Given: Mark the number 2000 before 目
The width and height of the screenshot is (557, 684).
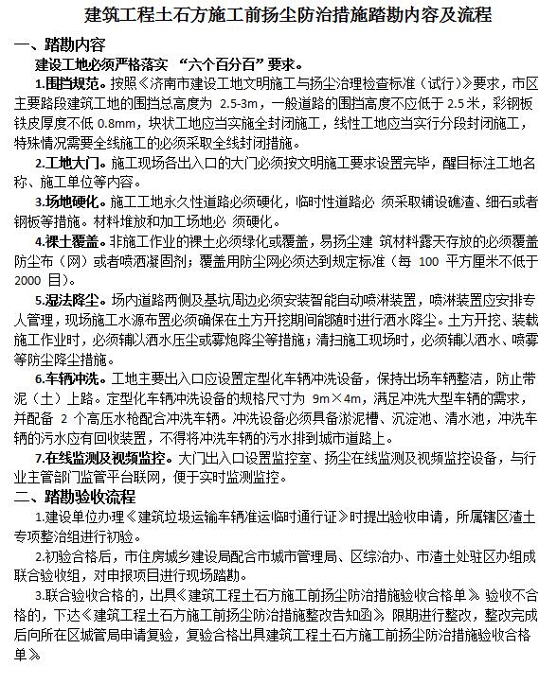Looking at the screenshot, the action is [31, 280].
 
